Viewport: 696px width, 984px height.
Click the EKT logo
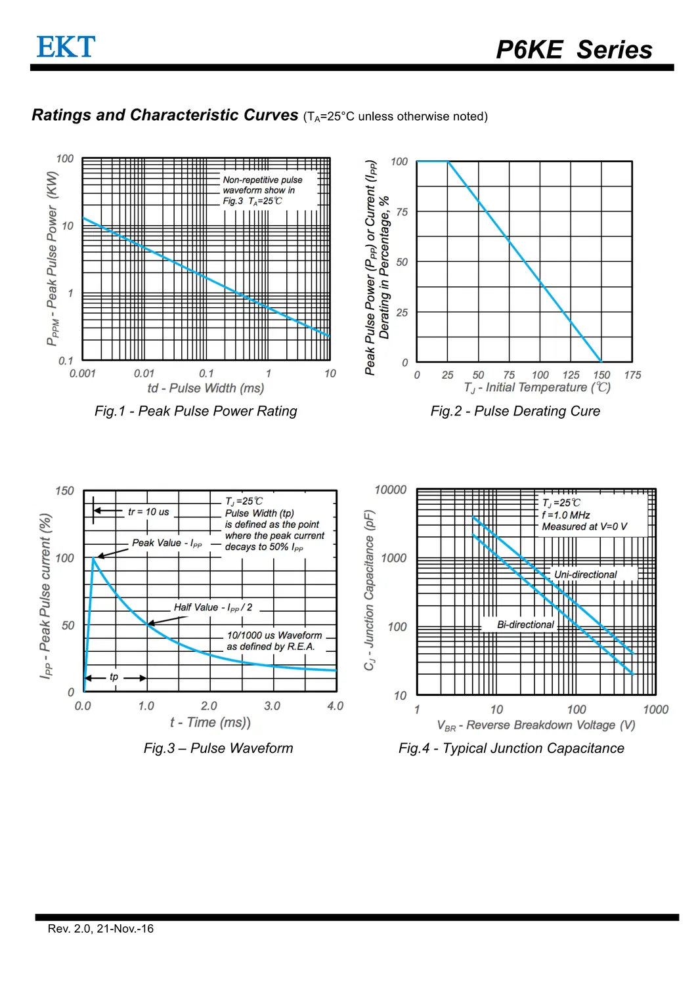66,47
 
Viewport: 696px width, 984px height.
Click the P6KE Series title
574,50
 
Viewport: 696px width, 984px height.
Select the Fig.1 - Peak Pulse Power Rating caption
196,411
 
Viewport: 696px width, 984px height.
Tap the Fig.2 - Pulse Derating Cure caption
515,411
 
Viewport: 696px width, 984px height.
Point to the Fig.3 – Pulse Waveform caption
218,748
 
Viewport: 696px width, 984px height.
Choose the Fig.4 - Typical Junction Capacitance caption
511,748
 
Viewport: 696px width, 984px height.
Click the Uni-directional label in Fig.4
585,574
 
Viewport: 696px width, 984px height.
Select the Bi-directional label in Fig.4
525,624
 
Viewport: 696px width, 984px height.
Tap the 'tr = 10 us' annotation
148,511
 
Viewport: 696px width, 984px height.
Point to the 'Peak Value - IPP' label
167,543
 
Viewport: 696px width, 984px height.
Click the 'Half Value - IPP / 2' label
213,607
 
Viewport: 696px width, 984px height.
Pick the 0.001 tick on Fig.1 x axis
83,374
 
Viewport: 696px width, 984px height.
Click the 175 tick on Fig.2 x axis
632,375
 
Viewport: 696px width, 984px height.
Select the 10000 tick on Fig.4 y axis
390,490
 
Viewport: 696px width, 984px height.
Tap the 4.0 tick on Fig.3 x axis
335,706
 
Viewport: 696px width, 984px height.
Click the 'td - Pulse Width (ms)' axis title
206,388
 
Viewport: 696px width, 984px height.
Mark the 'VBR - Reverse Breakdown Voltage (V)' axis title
536,725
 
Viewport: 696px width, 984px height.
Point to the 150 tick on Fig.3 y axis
64,490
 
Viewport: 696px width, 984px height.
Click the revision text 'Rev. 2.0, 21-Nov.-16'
100,928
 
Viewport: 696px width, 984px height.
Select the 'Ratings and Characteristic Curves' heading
165,116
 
